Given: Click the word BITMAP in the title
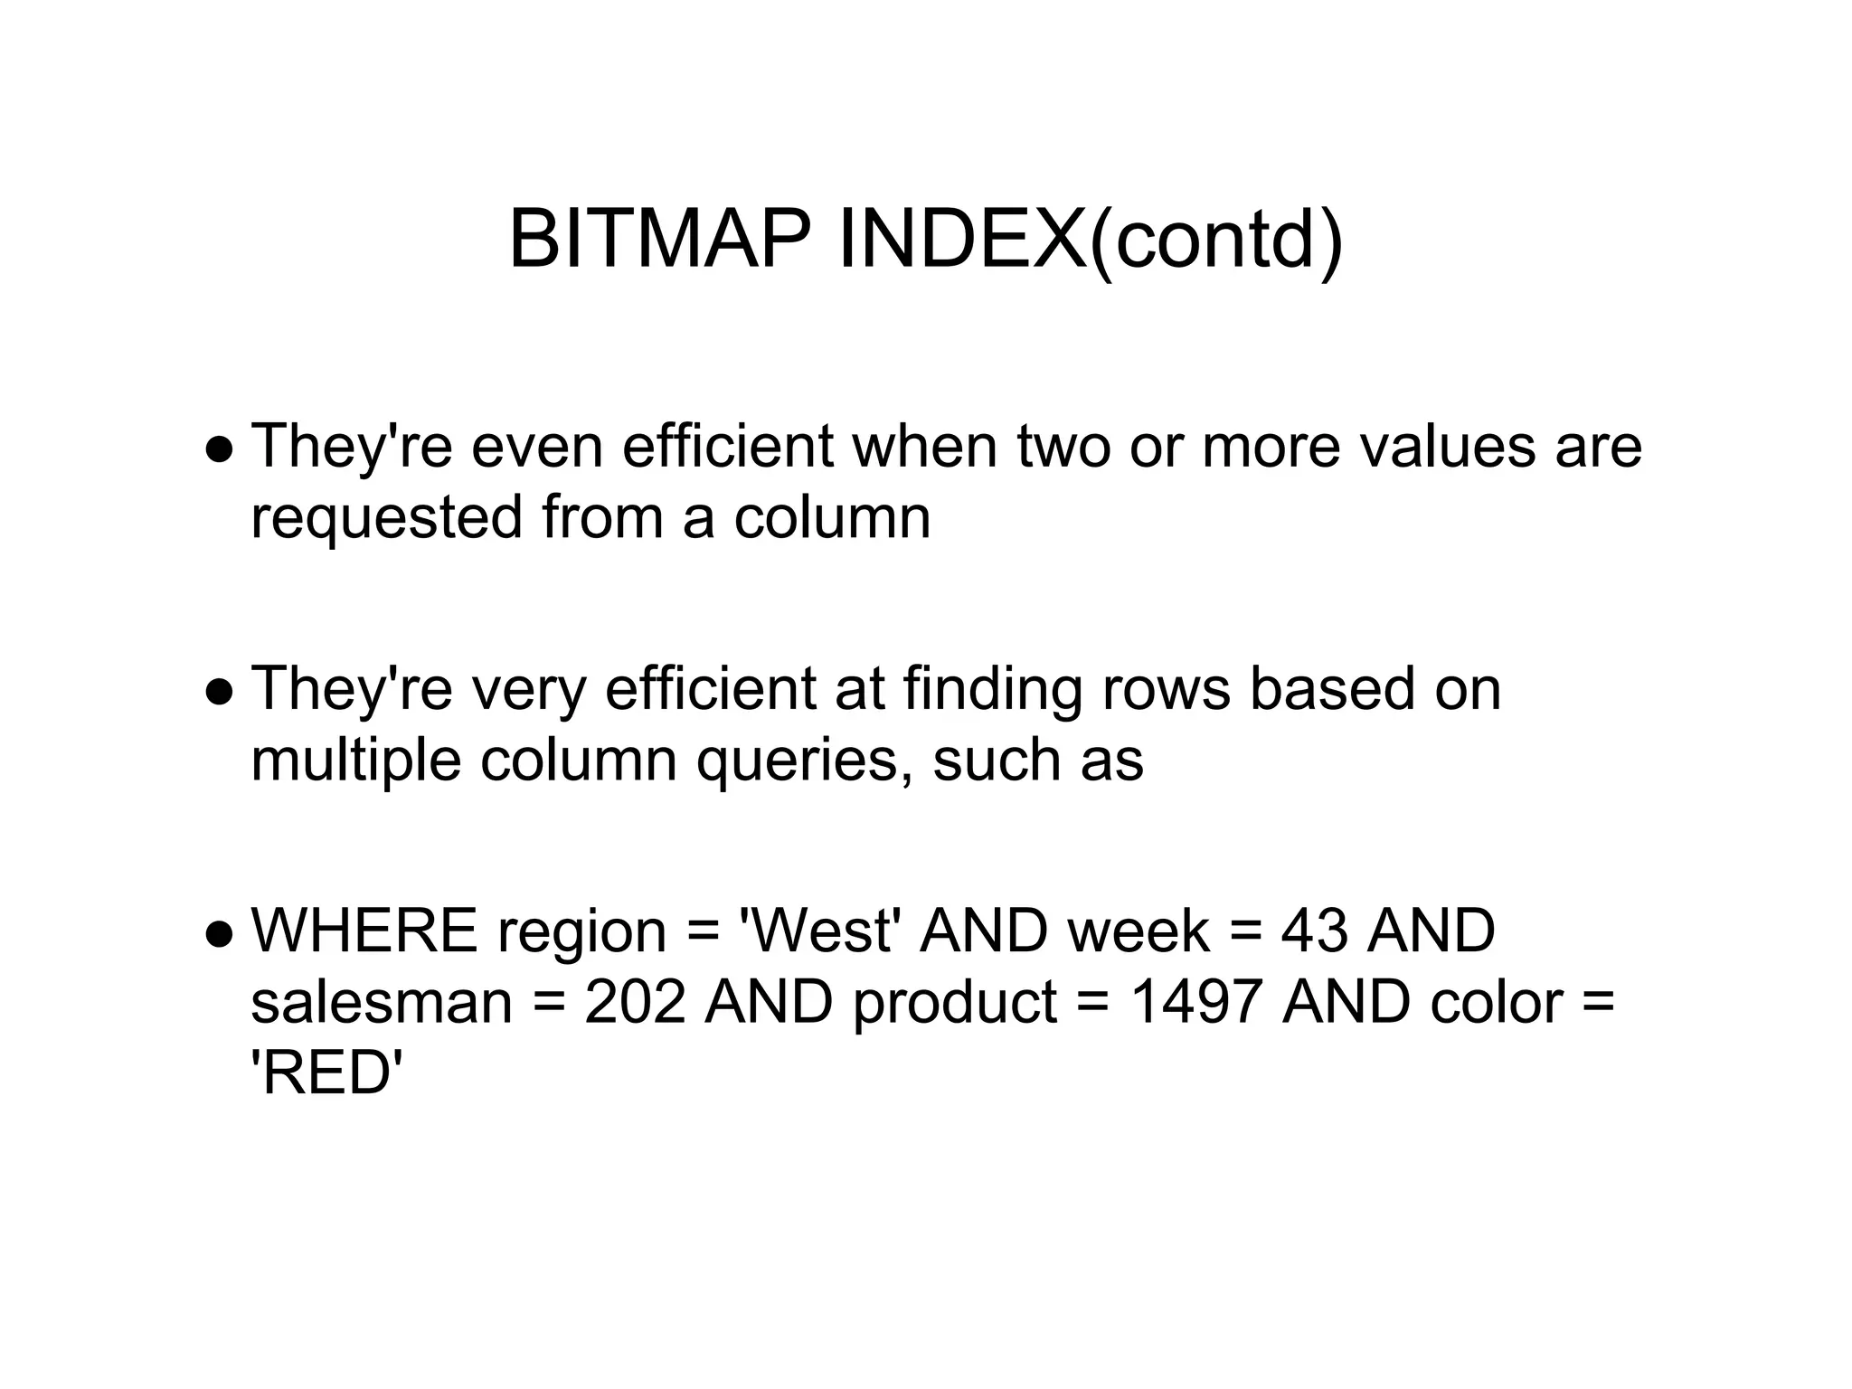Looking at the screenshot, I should pos(660,240).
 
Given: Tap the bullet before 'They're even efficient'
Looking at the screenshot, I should pos(220,449).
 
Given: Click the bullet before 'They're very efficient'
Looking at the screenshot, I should pos(220,692).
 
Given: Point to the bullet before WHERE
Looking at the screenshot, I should pos(220,934).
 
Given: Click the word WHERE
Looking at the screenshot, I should pos(364,931).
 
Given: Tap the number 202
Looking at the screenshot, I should pos(635,1003).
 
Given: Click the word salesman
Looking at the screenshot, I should pos(382,1003).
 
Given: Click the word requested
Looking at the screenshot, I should pos(387,519).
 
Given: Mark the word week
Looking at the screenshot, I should pos(1139,931).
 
